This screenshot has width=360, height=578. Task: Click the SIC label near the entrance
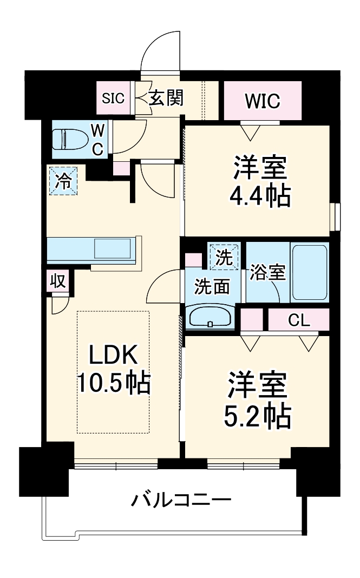click(114, 98)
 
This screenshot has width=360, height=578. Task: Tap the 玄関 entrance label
click(166, 98)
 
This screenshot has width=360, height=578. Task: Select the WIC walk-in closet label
click(262, 101)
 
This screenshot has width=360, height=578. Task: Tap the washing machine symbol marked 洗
click(223, 257)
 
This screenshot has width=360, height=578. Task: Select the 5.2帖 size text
click(258, 416)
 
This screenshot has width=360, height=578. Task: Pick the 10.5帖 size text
click(113, 383)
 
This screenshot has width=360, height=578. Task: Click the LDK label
click(114, 356)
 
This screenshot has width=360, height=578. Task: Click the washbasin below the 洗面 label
click(210, 317)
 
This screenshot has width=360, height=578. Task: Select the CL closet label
click(298, 320)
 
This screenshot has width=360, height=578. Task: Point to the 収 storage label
click(57, 281)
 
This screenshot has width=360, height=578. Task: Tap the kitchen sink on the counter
click(112, 248)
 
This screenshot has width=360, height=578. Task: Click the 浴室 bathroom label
click(267, 272)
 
